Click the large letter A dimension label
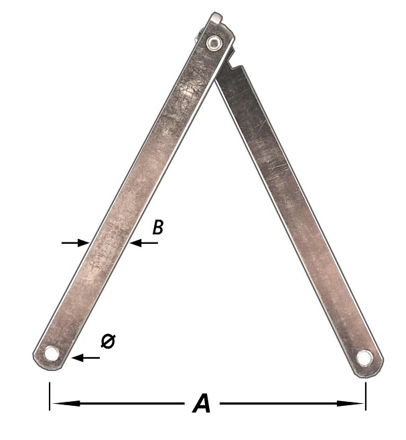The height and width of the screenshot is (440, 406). pos(202,403)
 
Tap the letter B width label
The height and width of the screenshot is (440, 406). pos(158,227)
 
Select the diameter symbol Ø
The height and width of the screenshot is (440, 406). pos(108,342)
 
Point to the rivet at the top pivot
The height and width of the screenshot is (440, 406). pos(214,43)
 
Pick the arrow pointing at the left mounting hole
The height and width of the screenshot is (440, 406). pos(86,358)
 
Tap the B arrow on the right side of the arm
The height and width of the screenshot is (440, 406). pos(143,243)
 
